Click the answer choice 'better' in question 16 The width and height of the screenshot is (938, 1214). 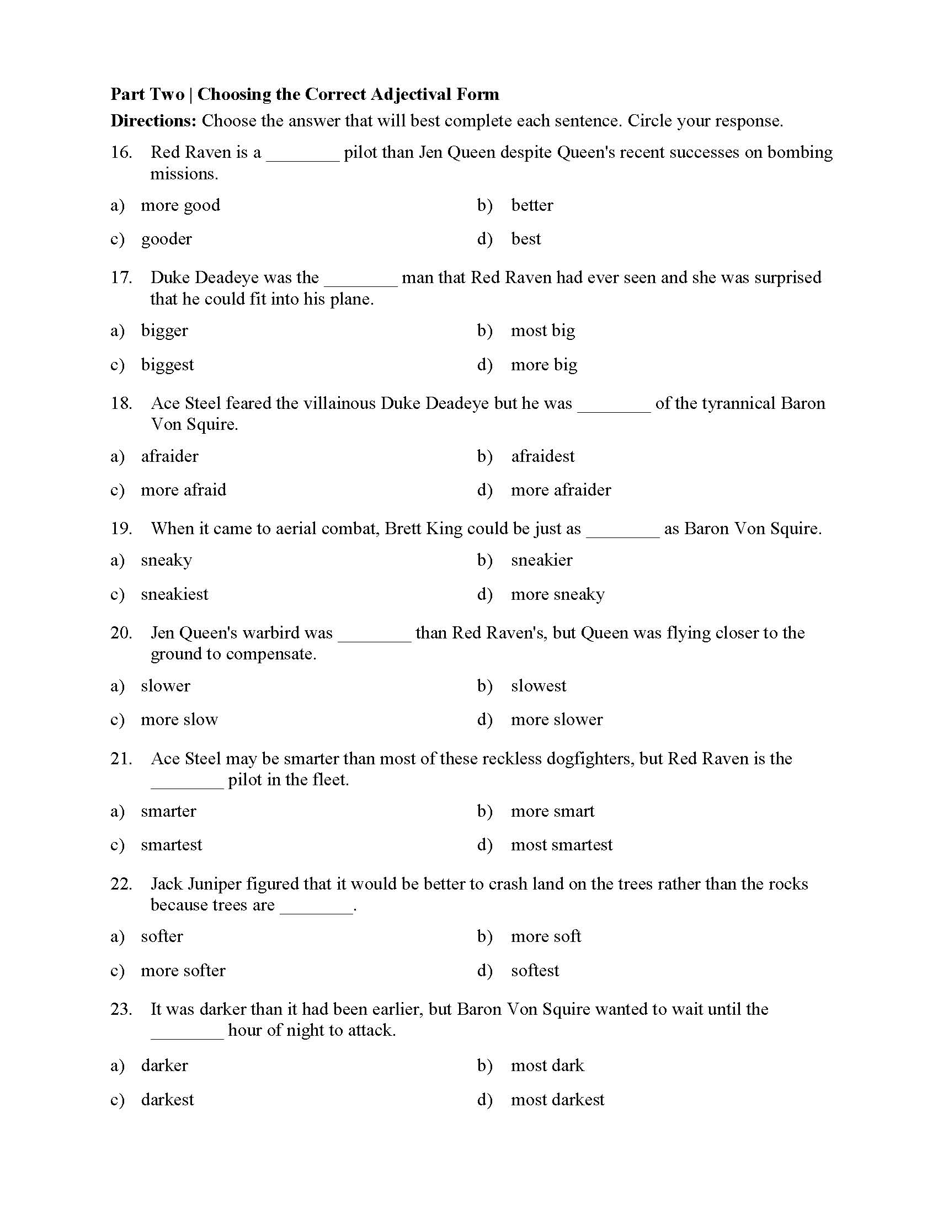point(532,205)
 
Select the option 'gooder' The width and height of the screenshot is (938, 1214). point(166,239)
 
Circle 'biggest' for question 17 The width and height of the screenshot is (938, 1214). point(167,365)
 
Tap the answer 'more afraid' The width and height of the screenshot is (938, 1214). point(183,489)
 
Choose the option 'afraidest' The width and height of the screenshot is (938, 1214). point(542,456)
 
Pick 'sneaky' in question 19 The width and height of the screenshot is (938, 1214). point(166,560)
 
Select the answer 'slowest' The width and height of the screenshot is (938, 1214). point(539,686)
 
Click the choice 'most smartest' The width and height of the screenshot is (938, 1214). point(561,845)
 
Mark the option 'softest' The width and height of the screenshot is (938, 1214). point(535,971)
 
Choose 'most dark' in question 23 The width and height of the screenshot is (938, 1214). point(547,1066)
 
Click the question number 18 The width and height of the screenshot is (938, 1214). point(121,403)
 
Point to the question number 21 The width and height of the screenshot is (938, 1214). point(121,759)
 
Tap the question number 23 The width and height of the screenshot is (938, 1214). point(121,1009)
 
